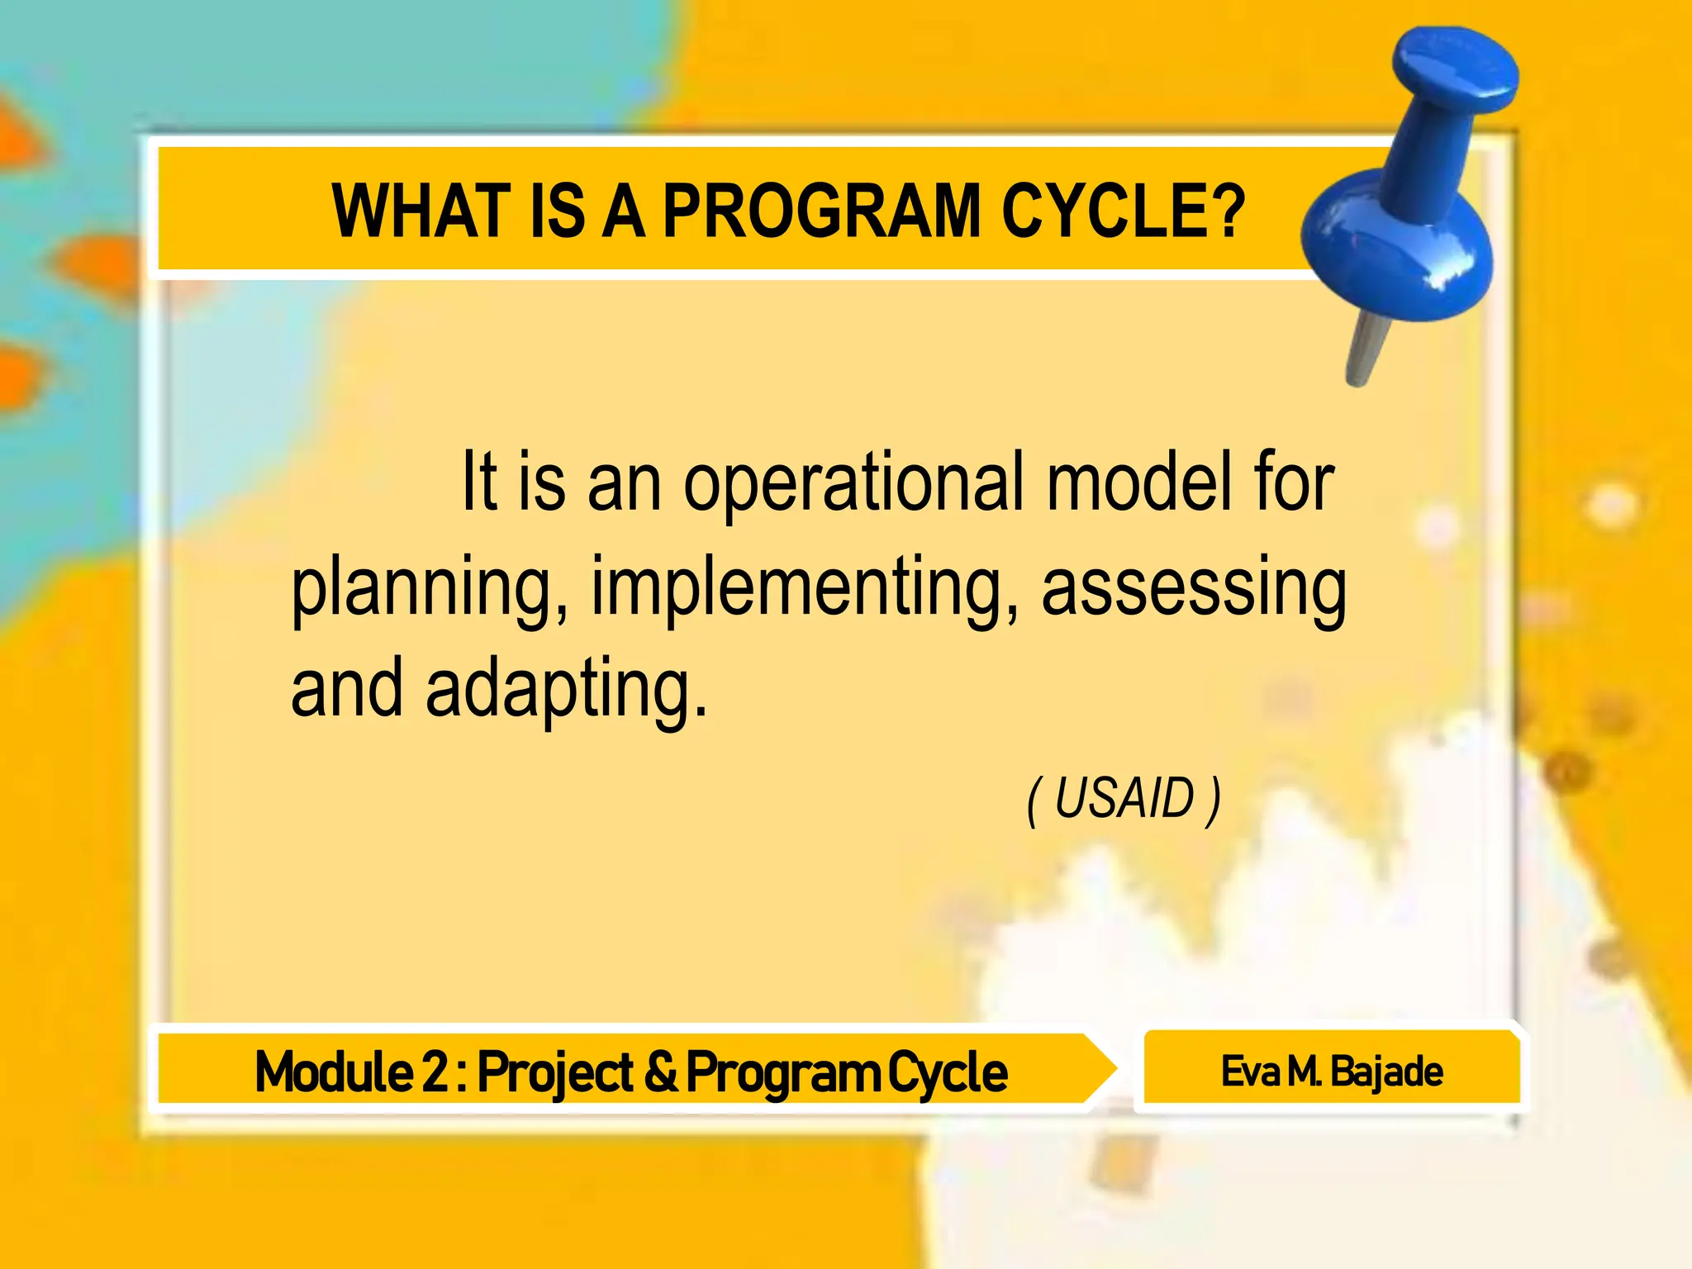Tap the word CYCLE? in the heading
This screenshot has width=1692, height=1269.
(x=1123, y=211)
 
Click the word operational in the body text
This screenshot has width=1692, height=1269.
(x=853, y=486)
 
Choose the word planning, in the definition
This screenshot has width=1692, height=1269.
(x=430, y=590)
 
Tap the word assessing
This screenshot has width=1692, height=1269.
(x=1193, y=590)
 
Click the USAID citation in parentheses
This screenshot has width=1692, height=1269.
(x=1124, y=799)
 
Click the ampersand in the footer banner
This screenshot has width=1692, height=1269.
(x=659, y=1072)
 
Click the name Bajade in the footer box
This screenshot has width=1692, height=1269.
(x=1387, y=1072)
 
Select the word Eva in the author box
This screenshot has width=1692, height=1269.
(x=1250, y=1072)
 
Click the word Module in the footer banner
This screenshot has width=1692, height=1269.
(x=333, y=1072)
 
